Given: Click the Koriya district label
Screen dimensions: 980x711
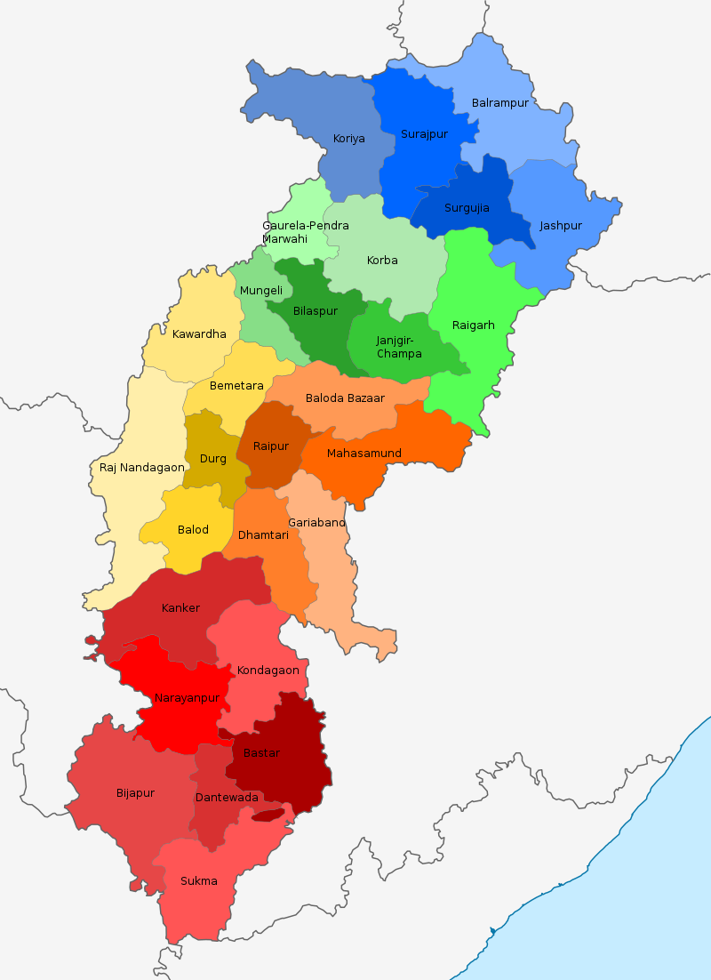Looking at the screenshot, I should pos(348,139).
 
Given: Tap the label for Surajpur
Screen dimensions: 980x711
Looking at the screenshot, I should pos(424,134).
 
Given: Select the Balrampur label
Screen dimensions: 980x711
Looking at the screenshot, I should pos(499,103).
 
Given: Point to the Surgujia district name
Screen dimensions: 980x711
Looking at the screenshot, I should pos(467,208).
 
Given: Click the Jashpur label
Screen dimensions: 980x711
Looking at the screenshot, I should pos(560,226).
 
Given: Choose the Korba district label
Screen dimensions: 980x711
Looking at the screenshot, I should pos(382,261).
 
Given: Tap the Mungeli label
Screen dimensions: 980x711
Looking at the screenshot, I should pos(261,291).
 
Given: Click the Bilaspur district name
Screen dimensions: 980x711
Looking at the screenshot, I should pos(316,311).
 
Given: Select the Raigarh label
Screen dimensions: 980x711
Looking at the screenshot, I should pos(473,325).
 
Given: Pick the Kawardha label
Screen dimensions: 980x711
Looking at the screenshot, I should pos(199,334).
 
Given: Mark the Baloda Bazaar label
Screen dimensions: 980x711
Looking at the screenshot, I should pos(345,398).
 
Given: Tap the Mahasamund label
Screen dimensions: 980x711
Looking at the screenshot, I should pos(363,454).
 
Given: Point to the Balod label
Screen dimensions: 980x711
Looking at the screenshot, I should pos(193,530).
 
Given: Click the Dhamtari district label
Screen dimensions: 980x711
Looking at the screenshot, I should pos(263,535).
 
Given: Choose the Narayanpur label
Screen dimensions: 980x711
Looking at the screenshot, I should pos(187,698).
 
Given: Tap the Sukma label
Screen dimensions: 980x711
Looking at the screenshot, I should pos(198,881).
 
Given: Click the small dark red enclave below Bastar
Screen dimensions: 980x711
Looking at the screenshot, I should pos(268,815).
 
